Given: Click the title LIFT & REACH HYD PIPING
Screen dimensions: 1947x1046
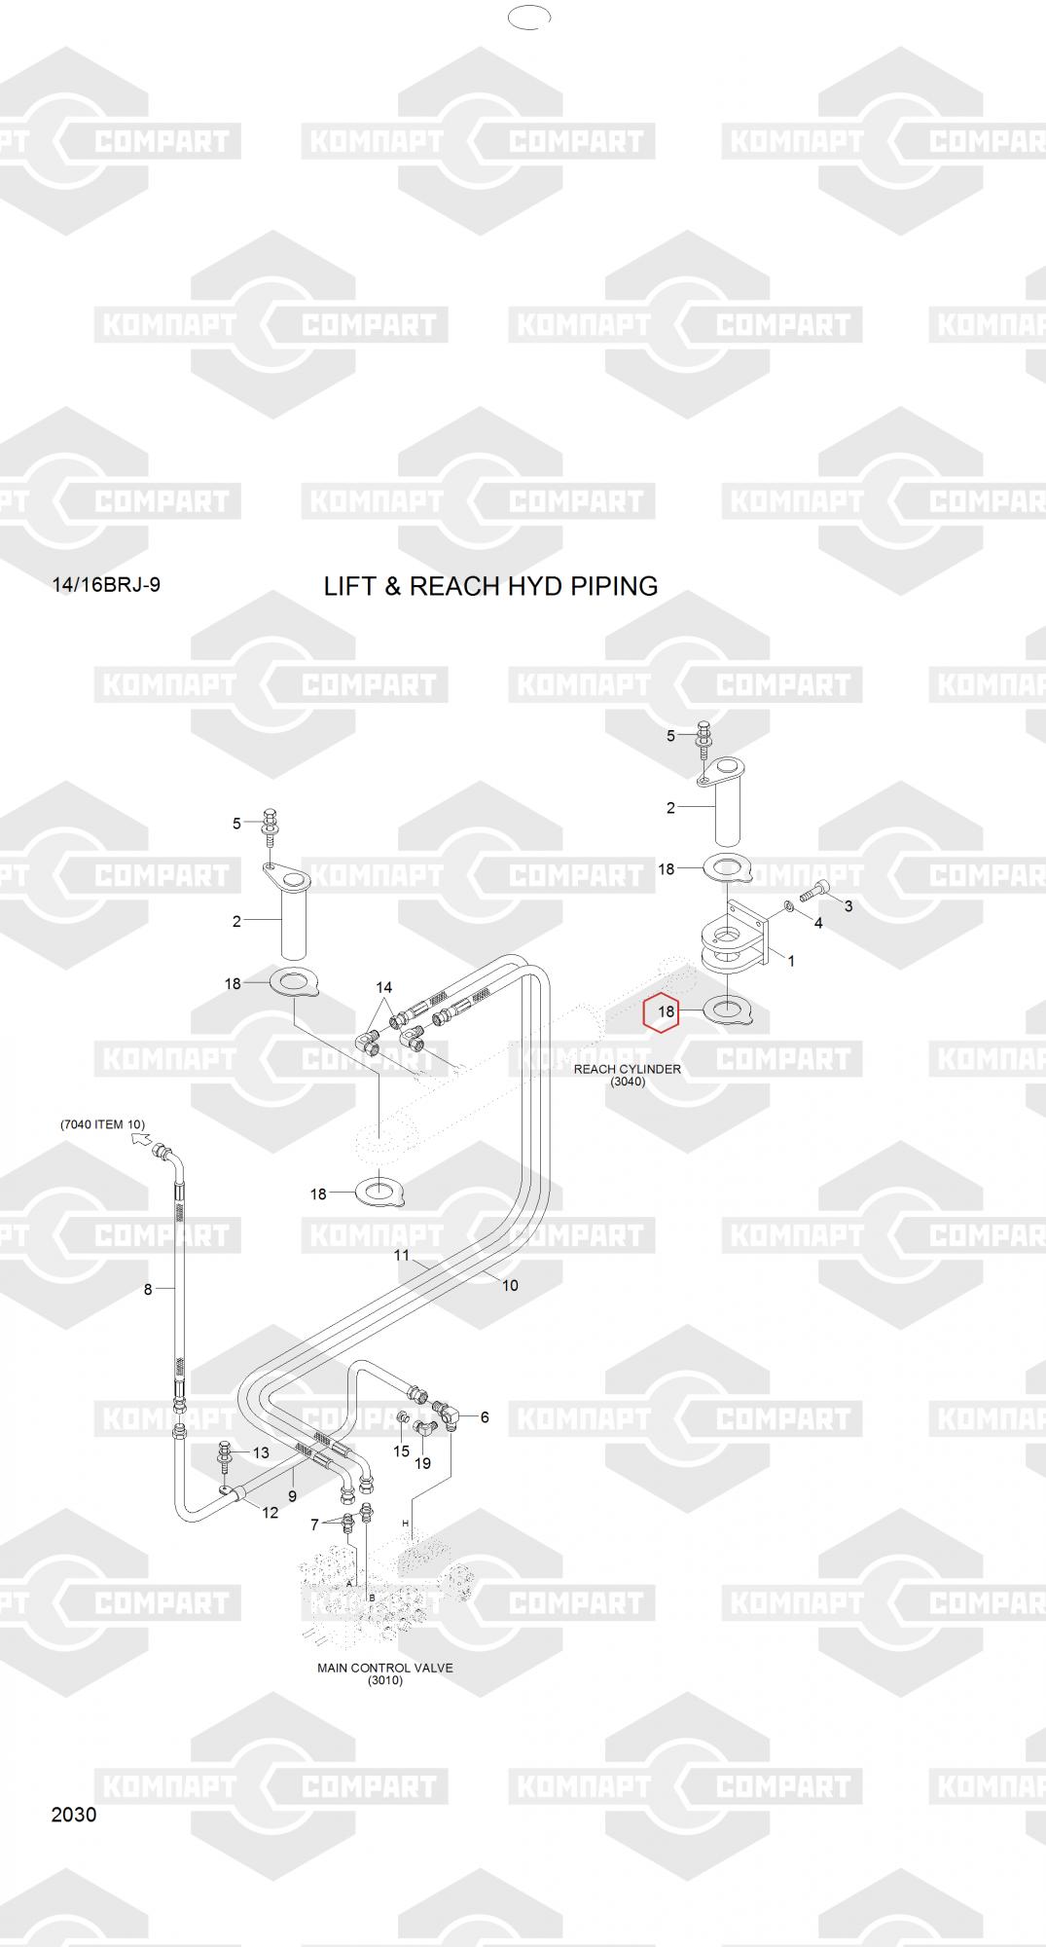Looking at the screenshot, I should click(490, 586).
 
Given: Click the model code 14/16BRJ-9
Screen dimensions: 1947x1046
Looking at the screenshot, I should click(106, 585).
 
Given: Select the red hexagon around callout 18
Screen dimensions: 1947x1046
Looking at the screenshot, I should click(666, 1011).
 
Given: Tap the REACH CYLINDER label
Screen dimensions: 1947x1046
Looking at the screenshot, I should click(627, 1069).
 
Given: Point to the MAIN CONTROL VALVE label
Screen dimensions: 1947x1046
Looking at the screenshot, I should click(384, 1668).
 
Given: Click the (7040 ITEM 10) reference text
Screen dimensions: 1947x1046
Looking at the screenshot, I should click(102, 1124).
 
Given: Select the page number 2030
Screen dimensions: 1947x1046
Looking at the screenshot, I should click(74, 1815).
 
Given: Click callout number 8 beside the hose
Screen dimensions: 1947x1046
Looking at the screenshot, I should click(148, 1289).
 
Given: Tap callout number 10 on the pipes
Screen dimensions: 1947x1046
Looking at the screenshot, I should click(510, 1285).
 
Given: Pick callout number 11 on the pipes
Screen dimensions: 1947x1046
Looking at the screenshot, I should click(402, 1255).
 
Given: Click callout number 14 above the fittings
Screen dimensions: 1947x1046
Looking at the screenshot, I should click(383, 988).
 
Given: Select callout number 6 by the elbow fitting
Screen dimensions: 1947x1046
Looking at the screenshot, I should click(485, 1417).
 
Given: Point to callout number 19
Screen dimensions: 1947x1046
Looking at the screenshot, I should click(422, 1463).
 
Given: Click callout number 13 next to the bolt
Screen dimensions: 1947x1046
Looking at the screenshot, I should click(261, 1452).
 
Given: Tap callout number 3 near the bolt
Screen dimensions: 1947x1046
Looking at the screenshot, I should click(848, 906).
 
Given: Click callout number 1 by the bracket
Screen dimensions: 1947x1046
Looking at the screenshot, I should click(791, 961).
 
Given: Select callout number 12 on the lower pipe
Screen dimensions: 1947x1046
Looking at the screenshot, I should click(271, 1512).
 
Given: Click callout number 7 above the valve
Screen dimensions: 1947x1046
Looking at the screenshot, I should click(314, 1524).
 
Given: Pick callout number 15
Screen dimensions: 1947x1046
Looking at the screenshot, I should click(401, 1451).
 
